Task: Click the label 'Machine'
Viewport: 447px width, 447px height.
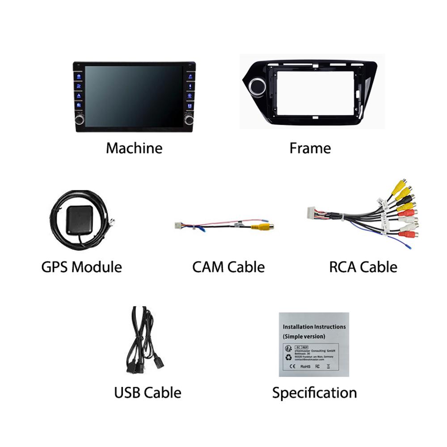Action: [x=134, y=148]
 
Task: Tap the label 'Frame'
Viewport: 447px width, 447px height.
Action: [x=310, y=148]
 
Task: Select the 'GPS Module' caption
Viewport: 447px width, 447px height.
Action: [x=81, y=267]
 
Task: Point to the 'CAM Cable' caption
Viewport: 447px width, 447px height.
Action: [x=228, y=267]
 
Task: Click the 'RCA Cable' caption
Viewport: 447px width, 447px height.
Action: [x=363, y=267]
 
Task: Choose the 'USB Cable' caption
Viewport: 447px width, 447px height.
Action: [x=148, y=393]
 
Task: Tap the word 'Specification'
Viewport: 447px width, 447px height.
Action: [x=315, y=393]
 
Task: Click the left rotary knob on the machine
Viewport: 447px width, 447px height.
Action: [x=80, y=119]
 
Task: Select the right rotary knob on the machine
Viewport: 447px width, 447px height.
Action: [x=189, y=119]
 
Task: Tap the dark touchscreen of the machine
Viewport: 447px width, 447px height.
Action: [x=134, y=96]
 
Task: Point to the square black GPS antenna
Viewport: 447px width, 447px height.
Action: [x=80, y=220]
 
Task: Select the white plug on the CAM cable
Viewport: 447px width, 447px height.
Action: [x=177, y=225]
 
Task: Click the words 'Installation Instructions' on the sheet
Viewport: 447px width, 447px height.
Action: [x=314, y=327]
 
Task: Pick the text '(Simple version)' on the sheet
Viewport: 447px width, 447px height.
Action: [x=304, y=336]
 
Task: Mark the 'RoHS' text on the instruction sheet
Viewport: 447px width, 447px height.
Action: [x=305, y=367]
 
